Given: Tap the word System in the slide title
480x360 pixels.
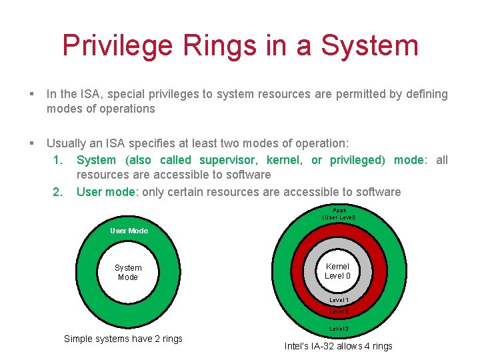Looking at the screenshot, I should click(369, 45).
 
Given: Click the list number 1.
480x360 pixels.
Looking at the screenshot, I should click(58, 160).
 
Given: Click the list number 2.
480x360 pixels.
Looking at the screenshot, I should click(58, 192).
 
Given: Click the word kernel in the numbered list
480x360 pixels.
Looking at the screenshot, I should click(283, 160).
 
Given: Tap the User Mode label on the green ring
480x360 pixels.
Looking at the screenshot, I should click(129, 231).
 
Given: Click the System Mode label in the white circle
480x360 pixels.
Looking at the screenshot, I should click(128, 272).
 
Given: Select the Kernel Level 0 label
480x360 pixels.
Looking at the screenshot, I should click(337, 271).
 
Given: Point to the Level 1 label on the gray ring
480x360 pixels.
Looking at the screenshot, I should click(339, 301).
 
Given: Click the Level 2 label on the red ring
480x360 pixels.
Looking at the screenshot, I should click(339, 311).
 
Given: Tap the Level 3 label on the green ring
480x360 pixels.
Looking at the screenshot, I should click(339, 329).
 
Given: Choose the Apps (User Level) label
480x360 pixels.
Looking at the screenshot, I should click(339, 213).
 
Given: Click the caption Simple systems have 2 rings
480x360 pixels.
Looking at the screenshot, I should click(123, 339).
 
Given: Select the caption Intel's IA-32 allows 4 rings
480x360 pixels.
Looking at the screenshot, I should click(338, 346).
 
